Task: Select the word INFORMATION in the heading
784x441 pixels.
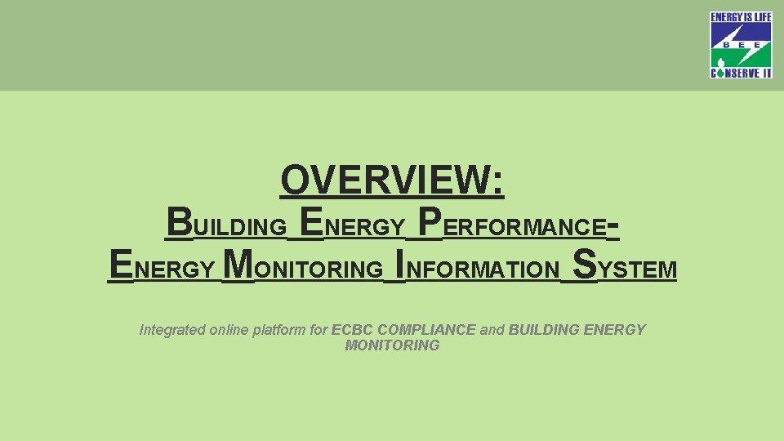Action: point(477,269)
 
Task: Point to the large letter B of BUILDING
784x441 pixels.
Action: point(180,221)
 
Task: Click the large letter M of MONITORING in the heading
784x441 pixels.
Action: point(238,265)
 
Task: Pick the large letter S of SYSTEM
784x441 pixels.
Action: point(586,265)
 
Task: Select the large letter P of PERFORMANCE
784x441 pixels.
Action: point(430,221)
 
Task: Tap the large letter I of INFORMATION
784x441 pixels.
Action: point(399,265)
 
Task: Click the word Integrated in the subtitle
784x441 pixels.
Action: point(172,330)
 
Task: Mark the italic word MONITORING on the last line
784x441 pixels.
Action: point(392,345)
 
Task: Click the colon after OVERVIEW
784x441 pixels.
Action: point(499,181)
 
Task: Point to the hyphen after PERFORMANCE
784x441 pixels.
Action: point(614,225)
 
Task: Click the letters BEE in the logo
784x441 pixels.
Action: point(741,47)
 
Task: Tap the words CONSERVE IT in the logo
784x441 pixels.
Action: point(741,72)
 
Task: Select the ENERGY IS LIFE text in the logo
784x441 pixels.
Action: point(741,17)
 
